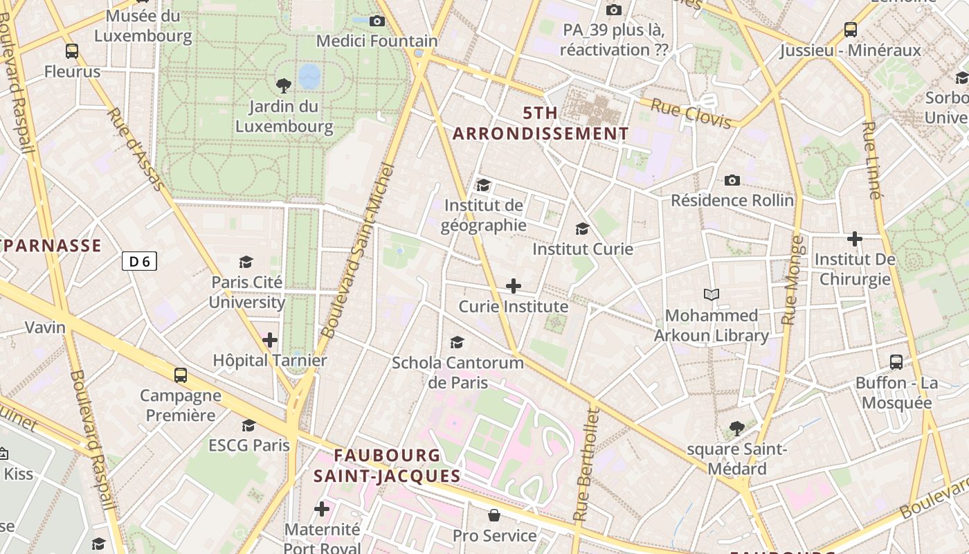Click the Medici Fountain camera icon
click(x=377, y=21)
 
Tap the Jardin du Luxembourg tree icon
click(x=283, y=86)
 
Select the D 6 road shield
click(x=139, y=261)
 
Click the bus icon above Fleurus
click(x=72, y=51)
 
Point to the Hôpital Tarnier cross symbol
click(x=270, y=340)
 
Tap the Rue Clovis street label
click(x=691, y=114)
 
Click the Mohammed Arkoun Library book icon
click(x=712, y=295)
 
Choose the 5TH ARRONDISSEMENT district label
click(x=541, y=123)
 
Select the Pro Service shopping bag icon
click(x=494, y=515)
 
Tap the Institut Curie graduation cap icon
click(x=582, y=229)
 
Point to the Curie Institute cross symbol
click(x=514, y=286)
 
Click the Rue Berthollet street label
click(x=586, y=464)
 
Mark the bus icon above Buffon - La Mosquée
click(x=896, y=361)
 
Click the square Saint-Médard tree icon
click(x=737, y=429)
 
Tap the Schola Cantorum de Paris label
click(x=458, y=373)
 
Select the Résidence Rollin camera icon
click(x=732, y=181)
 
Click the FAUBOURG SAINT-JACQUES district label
click(x=387, y=465)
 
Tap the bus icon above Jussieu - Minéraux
click(x=851, y=30)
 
